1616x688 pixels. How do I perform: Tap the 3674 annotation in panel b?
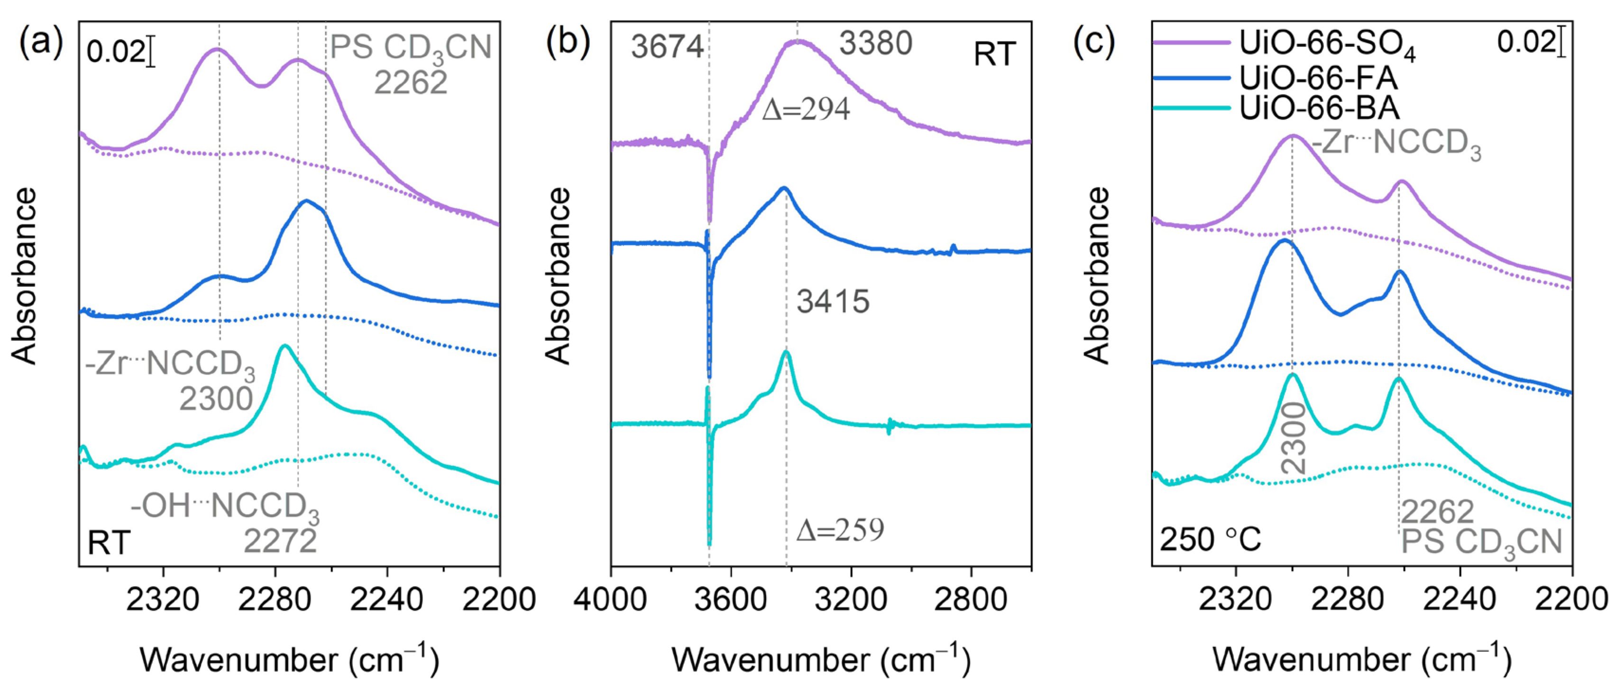pyautogui.click(x=667, y=47)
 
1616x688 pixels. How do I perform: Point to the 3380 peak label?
pyautogui.click(x=876, y=44)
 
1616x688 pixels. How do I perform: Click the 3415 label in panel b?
pyautogui.click(x=833, y=302)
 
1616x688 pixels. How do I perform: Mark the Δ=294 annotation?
pyautogui.click(x=806, y=110)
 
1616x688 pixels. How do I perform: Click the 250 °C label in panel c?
pyautogui.click(x=1210, y=540)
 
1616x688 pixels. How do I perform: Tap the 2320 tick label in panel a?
pyautogui.click(x=163, y=600)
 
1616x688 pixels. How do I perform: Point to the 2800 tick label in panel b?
pyautogui.click(x=971, y=600)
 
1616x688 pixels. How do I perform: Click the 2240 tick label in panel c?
pyautogui.click(x=1460, y=600)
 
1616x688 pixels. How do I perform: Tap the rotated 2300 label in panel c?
pyautogui.click(x=1294, y=438)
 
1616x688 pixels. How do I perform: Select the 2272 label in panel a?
pyautogui.click(x=280, y=541)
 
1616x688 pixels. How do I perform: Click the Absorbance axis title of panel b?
pyautogui.click(x=558, y=276)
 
